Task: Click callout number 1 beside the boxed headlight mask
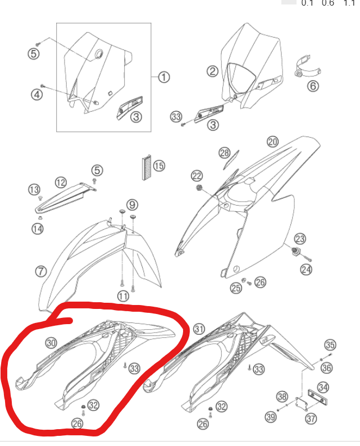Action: click(163, 77)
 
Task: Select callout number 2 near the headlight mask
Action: click(212, 71)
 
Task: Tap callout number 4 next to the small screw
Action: click(36, 94)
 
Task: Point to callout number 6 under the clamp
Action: click(313, 85)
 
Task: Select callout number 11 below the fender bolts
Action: click(123, 296)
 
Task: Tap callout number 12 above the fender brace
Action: click(61, 182)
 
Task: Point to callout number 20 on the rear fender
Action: click(272, 142)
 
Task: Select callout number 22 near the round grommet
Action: click(197, 176)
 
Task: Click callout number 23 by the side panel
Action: click(300, 239)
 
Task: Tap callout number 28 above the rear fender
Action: click(225, 153)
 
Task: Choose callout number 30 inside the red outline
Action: click(51, 342)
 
